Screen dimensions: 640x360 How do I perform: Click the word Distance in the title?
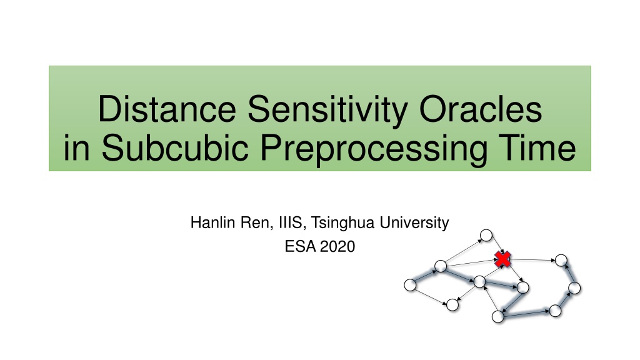(x=167, y=109)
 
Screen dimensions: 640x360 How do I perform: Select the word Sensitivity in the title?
(x=327, y=110)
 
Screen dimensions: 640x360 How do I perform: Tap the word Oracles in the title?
(x=481, y=109)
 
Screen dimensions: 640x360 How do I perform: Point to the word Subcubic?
(x=175, y=147)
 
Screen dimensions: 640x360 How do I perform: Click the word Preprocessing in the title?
(x=374, y=149)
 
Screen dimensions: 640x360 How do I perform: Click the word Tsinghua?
(x=343, y=224)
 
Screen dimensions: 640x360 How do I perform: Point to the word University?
(x=414, y=224)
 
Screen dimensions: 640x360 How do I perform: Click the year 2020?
(x=337, y=246)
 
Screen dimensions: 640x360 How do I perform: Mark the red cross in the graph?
(x=503, y=259)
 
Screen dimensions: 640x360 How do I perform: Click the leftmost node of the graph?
(x=410, y=285)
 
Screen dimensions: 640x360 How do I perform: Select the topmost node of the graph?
(x=486, y=236)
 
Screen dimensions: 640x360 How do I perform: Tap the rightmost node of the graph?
(x=574, y=288)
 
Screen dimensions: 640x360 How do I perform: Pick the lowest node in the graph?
(x=498, y=317)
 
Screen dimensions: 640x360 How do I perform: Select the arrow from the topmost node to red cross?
(x=495, y=246)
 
